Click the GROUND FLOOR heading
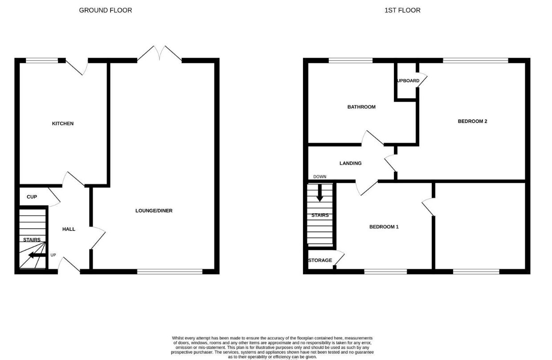click(x=105, y=10)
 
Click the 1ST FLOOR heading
click(x=402, y=10)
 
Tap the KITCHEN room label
click(x=63, y=123)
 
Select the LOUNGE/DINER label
click(x=154, y=211)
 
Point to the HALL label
click(x=69, y=229)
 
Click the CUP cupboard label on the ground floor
click(x=32, y=197)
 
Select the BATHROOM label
click(x=361, y=107)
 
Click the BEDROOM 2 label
click(x=472, y=121)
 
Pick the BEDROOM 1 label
click(x=384, y=227)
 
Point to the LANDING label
click(x=351, y=164)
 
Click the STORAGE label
click(x=320, y=260)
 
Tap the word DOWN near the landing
click(x=319, y=177)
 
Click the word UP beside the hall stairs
click(x=53, y=255)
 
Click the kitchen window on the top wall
click(x=42, y=60)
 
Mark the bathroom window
click(x=351, y=60)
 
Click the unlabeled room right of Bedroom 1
click(x=480, y=225)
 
